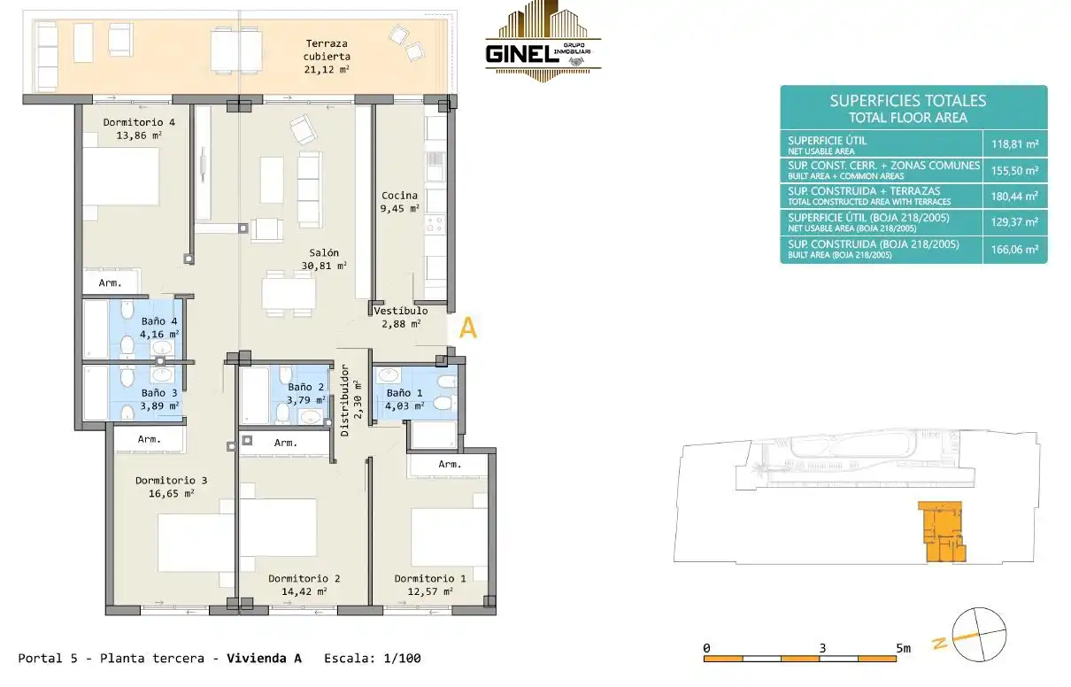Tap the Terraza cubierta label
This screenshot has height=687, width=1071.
pos(327,57)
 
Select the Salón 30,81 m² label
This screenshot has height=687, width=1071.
pos(324,259)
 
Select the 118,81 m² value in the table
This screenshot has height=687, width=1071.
pos(1015,144)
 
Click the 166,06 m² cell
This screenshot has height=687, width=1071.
pos(1015,250)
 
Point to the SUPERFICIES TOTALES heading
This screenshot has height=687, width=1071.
pos(908,101)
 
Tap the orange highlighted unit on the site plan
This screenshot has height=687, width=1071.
pos(941,531)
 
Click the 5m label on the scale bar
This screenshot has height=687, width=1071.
pos(903,648)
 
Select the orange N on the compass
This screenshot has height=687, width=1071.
pos(940,643)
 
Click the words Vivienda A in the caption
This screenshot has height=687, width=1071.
pos(264,659)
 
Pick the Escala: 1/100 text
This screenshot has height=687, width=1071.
pos(373,659)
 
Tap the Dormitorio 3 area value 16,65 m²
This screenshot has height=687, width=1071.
pos(171,493)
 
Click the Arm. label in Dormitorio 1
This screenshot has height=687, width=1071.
pos(450,464)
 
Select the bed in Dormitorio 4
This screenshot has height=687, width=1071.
pos(120,176)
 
